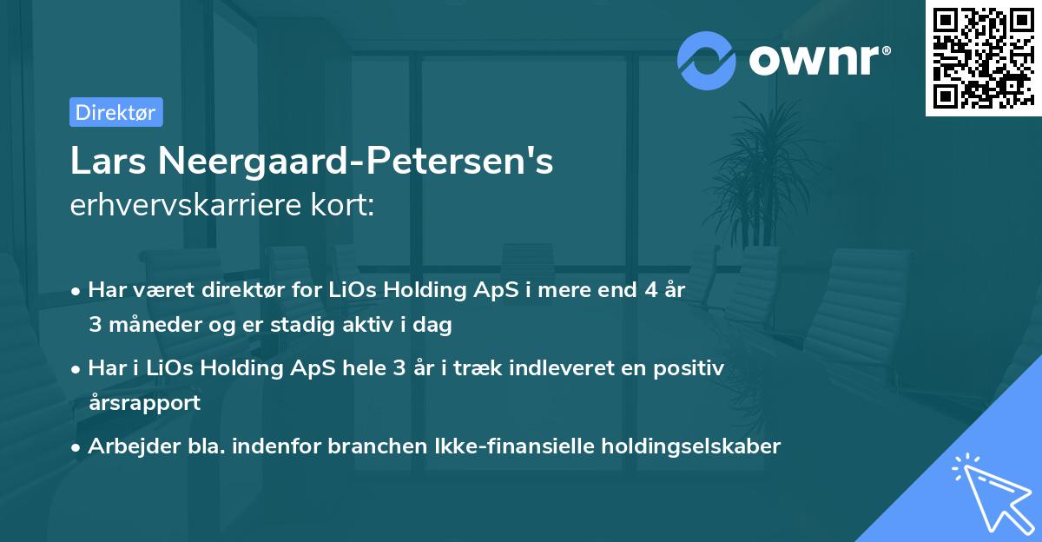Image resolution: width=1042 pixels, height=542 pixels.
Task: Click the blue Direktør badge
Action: pos(115,112)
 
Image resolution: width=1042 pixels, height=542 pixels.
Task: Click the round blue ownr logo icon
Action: pos(707,60)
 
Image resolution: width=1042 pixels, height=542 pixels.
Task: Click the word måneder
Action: pos(148,325)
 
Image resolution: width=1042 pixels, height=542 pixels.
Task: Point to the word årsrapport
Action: pos(144,402)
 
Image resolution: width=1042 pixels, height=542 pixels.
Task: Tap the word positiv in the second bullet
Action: pos(694,367)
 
